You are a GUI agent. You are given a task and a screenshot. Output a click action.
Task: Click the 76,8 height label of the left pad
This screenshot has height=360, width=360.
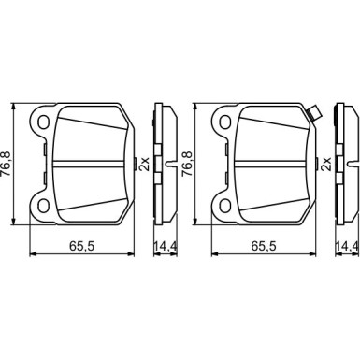point(7,164)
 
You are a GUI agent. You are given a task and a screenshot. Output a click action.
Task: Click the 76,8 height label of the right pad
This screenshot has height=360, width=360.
point(188,164)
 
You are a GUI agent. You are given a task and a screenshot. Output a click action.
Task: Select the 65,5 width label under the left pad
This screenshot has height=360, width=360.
point(81,246)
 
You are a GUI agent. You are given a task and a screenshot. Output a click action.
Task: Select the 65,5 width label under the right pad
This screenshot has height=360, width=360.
point(264,246)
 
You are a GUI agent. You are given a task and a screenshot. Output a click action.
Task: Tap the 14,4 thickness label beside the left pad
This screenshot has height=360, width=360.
point(166,246)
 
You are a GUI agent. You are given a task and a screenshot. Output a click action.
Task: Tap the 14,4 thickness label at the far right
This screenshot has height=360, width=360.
point(347,246)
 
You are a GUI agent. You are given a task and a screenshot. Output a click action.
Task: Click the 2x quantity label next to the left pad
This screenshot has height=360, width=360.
point(144,164)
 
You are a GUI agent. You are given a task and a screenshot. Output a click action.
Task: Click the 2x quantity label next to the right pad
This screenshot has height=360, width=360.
point(326,164)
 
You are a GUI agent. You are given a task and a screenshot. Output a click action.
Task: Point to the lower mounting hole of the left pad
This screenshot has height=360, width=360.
point(43,206)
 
